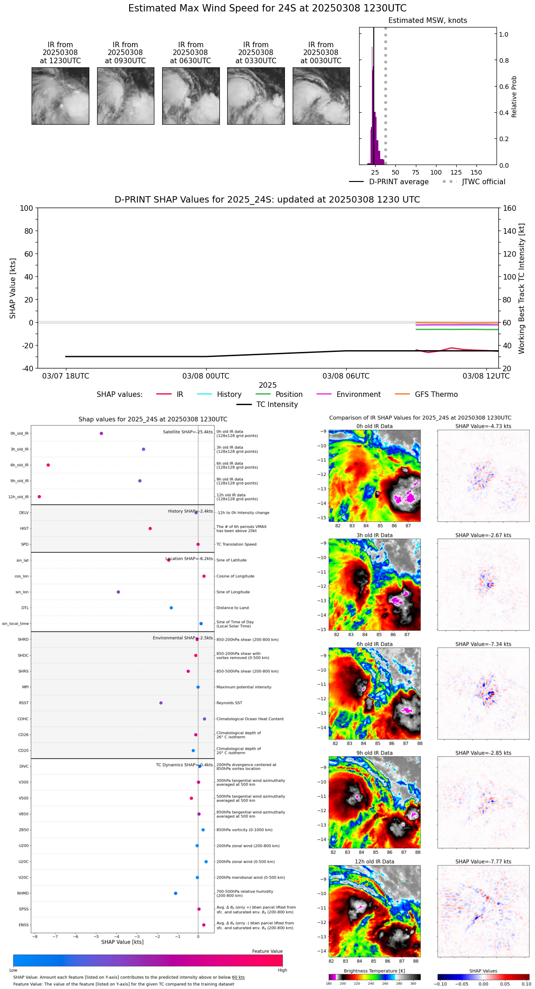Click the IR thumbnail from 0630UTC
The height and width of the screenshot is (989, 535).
(191, 96)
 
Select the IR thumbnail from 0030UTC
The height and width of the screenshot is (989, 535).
(321, 96)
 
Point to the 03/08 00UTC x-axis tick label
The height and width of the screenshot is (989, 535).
(206, 376)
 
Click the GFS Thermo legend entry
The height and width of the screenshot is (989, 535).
(436, 395)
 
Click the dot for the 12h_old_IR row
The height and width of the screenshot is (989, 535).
(39, 497)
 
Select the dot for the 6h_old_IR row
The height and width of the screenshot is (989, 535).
(48, 465)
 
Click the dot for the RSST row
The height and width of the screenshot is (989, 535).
(161, 703)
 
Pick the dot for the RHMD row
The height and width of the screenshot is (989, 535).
(175, 893)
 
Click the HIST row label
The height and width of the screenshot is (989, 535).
(24, 529)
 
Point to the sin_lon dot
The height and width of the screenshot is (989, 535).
(118, 592)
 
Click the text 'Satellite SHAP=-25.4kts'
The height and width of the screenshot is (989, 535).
(188, 432)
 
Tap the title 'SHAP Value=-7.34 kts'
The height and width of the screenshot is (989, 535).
(483, 644)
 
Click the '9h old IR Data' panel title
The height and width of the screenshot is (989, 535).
(374, 753)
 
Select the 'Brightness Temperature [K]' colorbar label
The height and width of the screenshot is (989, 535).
(374, 971)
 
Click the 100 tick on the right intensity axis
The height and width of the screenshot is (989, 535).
(509, 277)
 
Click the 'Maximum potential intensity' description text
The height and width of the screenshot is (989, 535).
(244, 687)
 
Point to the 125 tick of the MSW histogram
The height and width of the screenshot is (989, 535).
(456, 173)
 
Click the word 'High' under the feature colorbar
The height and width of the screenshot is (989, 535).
(282, 970)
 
